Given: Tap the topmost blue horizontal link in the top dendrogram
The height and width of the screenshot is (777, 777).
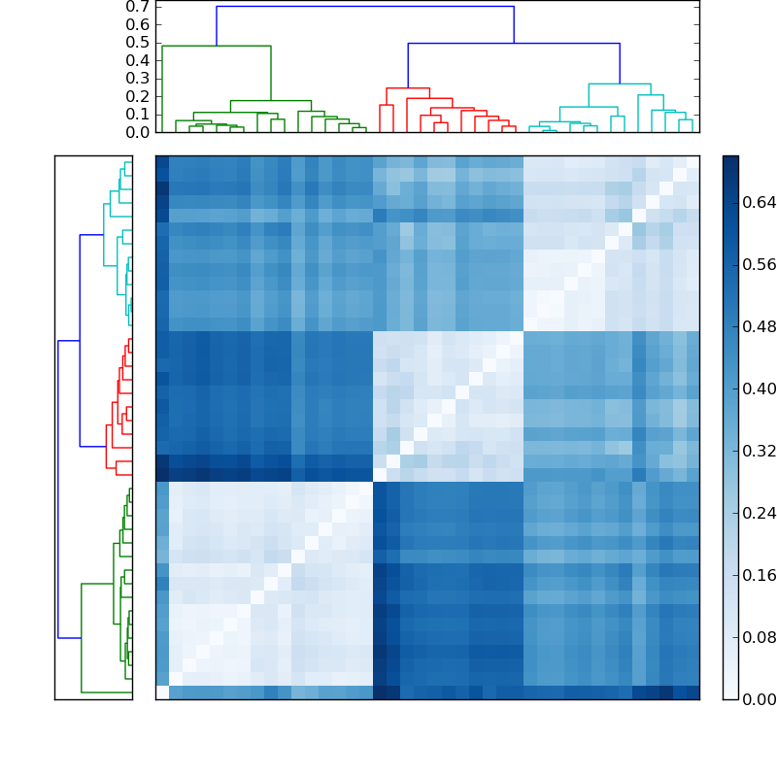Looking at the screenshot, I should tap(364, 7).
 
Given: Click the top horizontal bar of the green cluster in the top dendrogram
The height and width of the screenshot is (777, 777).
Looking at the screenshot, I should tap(216, 46).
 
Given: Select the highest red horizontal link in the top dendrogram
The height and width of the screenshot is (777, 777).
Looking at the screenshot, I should tap(408, 88).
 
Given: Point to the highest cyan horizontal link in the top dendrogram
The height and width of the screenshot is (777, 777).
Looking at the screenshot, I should tap(620, 84).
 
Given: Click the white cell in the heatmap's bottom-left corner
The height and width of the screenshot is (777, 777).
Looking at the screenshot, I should tap(162, 693).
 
